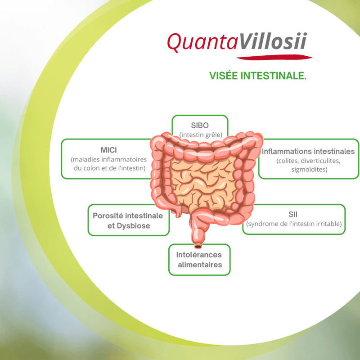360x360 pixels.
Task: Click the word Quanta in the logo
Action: pyautogui.click(x=202, y=42)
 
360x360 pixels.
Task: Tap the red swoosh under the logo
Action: pyautogui.click(x=274, y=57)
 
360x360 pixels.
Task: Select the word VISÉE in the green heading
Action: pyautogui.click(x=223, y=76)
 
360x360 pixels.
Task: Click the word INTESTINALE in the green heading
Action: pyautogui.click(x=273, y=76)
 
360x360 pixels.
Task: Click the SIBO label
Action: pyautogui.click(x=200, y=126)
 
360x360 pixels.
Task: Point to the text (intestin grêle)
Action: pyautogui.click(x=201, y=135)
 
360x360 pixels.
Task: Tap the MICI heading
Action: pyautogui.click(x=108, y=150)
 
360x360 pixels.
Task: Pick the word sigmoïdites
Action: pyautogui.click(x=309, y=170)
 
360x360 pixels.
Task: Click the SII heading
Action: pyautogui.click(x=293, y=215)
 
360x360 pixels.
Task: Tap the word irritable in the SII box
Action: pyautogui.click(x=329, y=224)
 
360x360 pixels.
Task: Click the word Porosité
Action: pyautogui.click(x=108, y=216)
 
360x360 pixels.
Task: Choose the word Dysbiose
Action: pyautogui.click(x=133, y=226)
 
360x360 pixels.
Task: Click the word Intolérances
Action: pyautogui.click(x=199, y=255)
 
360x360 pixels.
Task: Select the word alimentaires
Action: pyautogui.click(x=200, y=265)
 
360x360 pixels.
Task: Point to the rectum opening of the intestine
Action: pyautogui.click(x=198, y=246)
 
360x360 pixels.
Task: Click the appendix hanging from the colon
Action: pyautogui.click(x=178, y=213)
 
